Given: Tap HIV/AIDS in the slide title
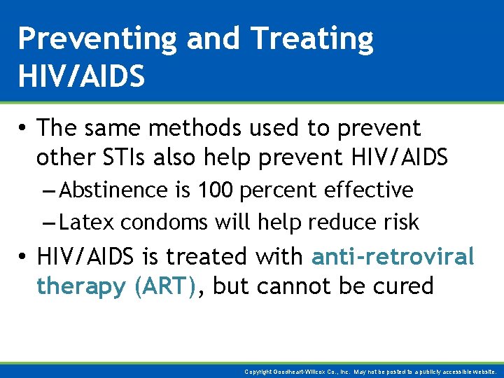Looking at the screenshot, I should point(81,75).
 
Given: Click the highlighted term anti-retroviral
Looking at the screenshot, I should point(393,257).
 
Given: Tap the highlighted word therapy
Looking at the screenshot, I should point(81,286).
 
